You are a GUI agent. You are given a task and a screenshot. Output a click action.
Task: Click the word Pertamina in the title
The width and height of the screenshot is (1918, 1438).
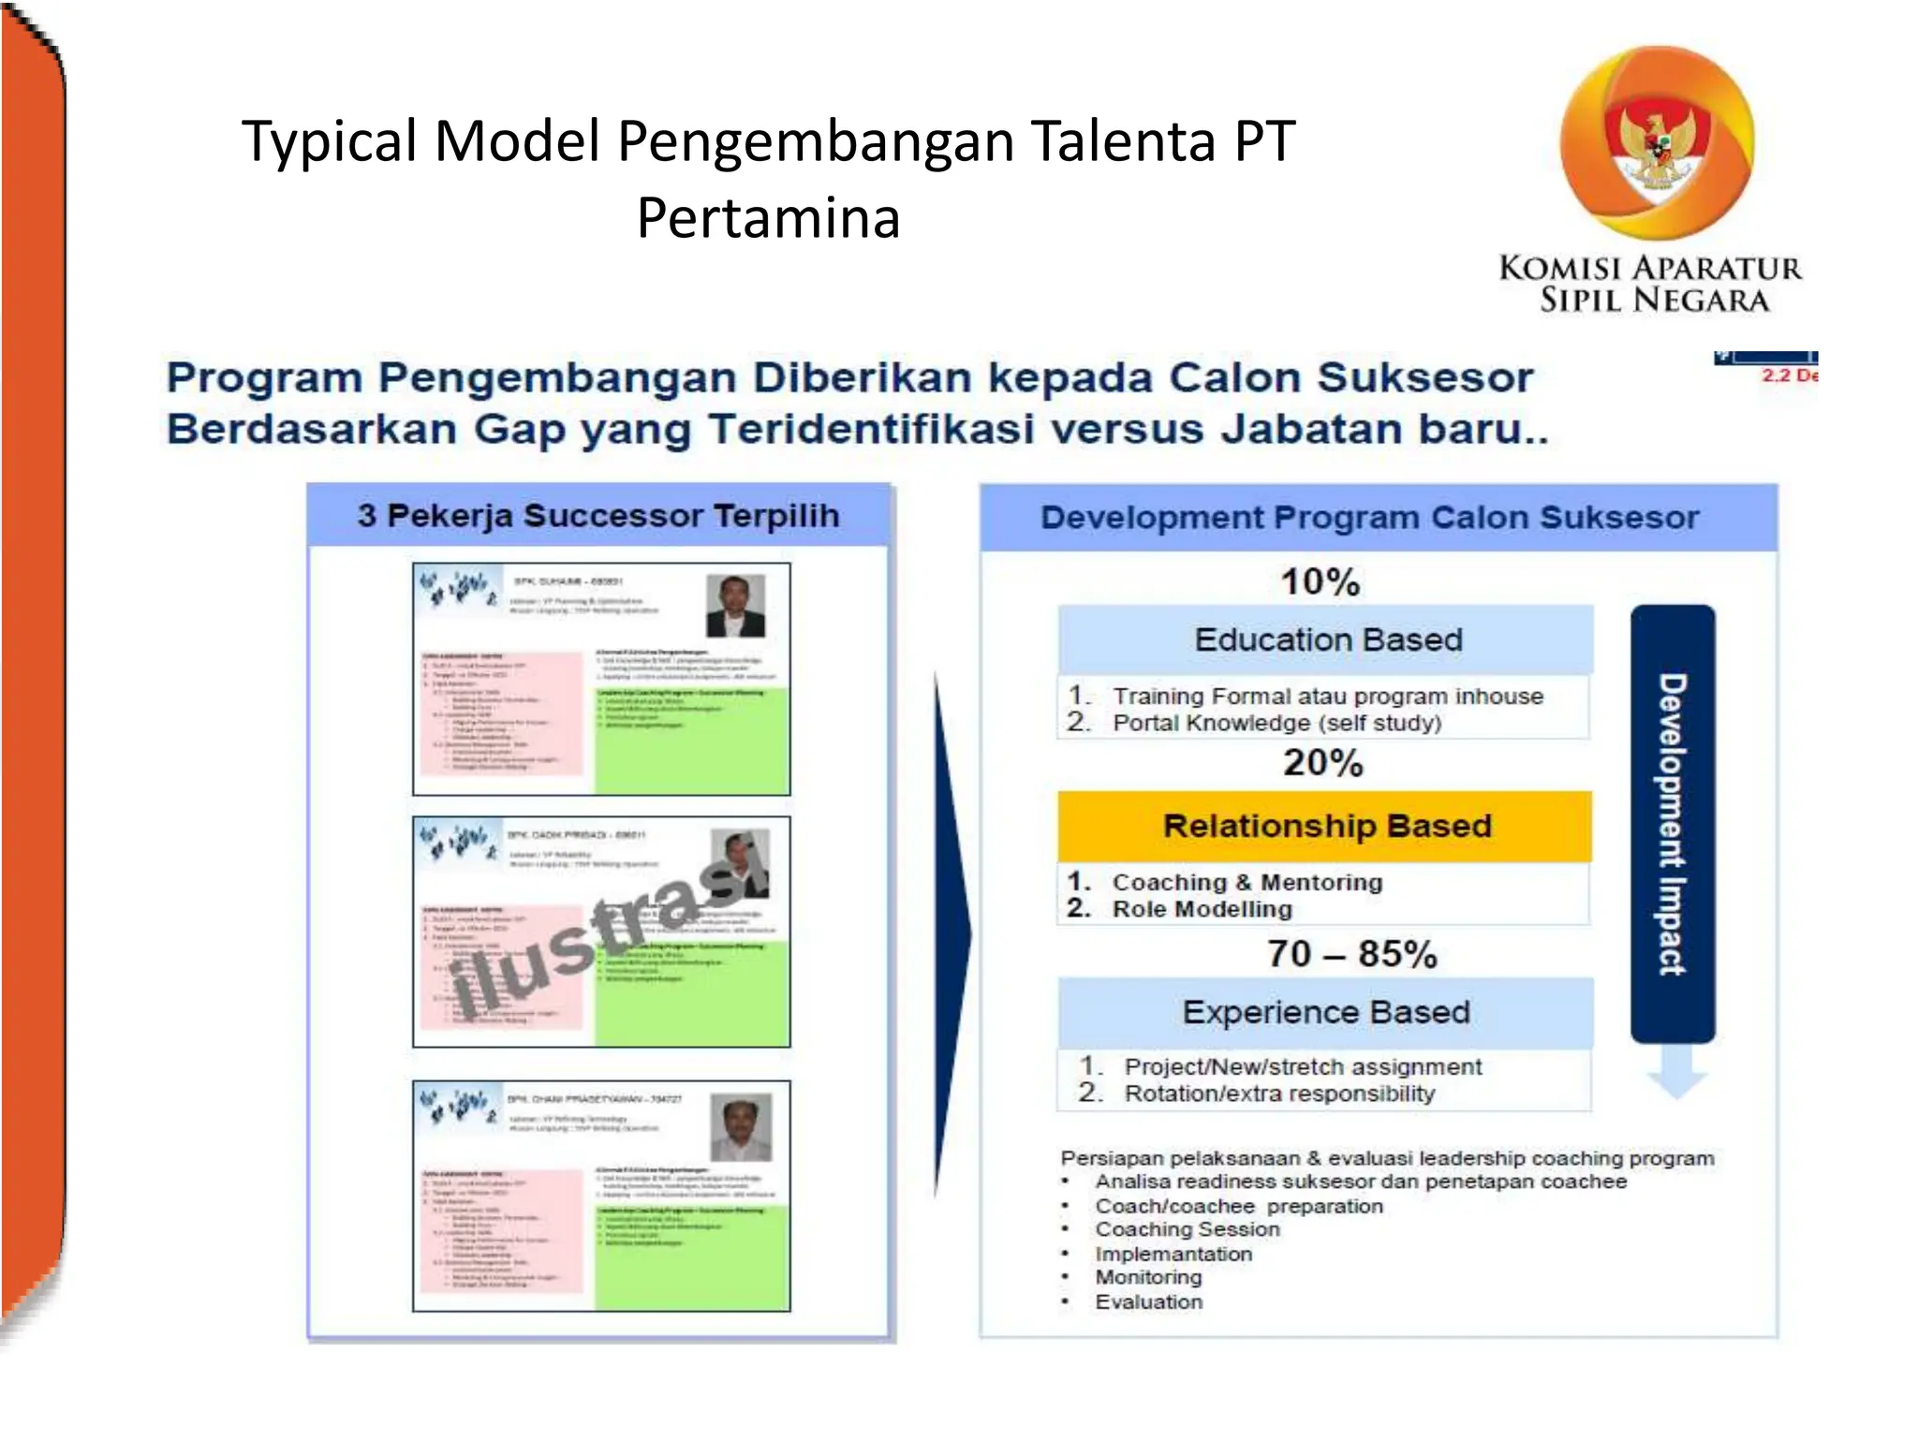[768, 218]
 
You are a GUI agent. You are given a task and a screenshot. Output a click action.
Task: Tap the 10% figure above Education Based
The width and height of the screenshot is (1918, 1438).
[1320, 581]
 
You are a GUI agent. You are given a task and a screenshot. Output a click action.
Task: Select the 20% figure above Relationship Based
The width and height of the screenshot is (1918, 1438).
[1322, 763]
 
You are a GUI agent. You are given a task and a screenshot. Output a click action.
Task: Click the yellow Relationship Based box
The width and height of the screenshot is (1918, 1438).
[1325, 826]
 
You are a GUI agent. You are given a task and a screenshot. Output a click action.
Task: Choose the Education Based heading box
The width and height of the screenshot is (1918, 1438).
[1326, 639]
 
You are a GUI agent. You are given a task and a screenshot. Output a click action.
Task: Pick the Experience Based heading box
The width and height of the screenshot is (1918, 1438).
[1325, 1012]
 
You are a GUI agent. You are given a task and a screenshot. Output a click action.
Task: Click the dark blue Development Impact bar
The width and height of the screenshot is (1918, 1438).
[1673, 824]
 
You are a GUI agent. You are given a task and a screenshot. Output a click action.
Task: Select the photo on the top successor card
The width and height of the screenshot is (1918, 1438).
[735, 606]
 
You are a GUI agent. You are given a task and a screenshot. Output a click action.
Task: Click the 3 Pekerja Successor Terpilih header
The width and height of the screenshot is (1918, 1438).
[598, 516]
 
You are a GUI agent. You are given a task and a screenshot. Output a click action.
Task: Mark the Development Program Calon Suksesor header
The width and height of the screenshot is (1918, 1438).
[1369, 518]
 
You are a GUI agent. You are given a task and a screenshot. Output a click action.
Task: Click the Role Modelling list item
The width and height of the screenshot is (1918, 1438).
[1202, 909]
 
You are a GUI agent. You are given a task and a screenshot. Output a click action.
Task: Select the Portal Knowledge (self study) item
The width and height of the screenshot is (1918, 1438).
[1276, 723]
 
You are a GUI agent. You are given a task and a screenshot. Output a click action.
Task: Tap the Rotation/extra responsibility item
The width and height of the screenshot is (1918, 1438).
[1279, 1093]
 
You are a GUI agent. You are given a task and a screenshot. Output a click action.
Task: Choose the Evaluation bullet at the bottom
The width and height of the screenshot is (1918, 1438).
[1148, 1302]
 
